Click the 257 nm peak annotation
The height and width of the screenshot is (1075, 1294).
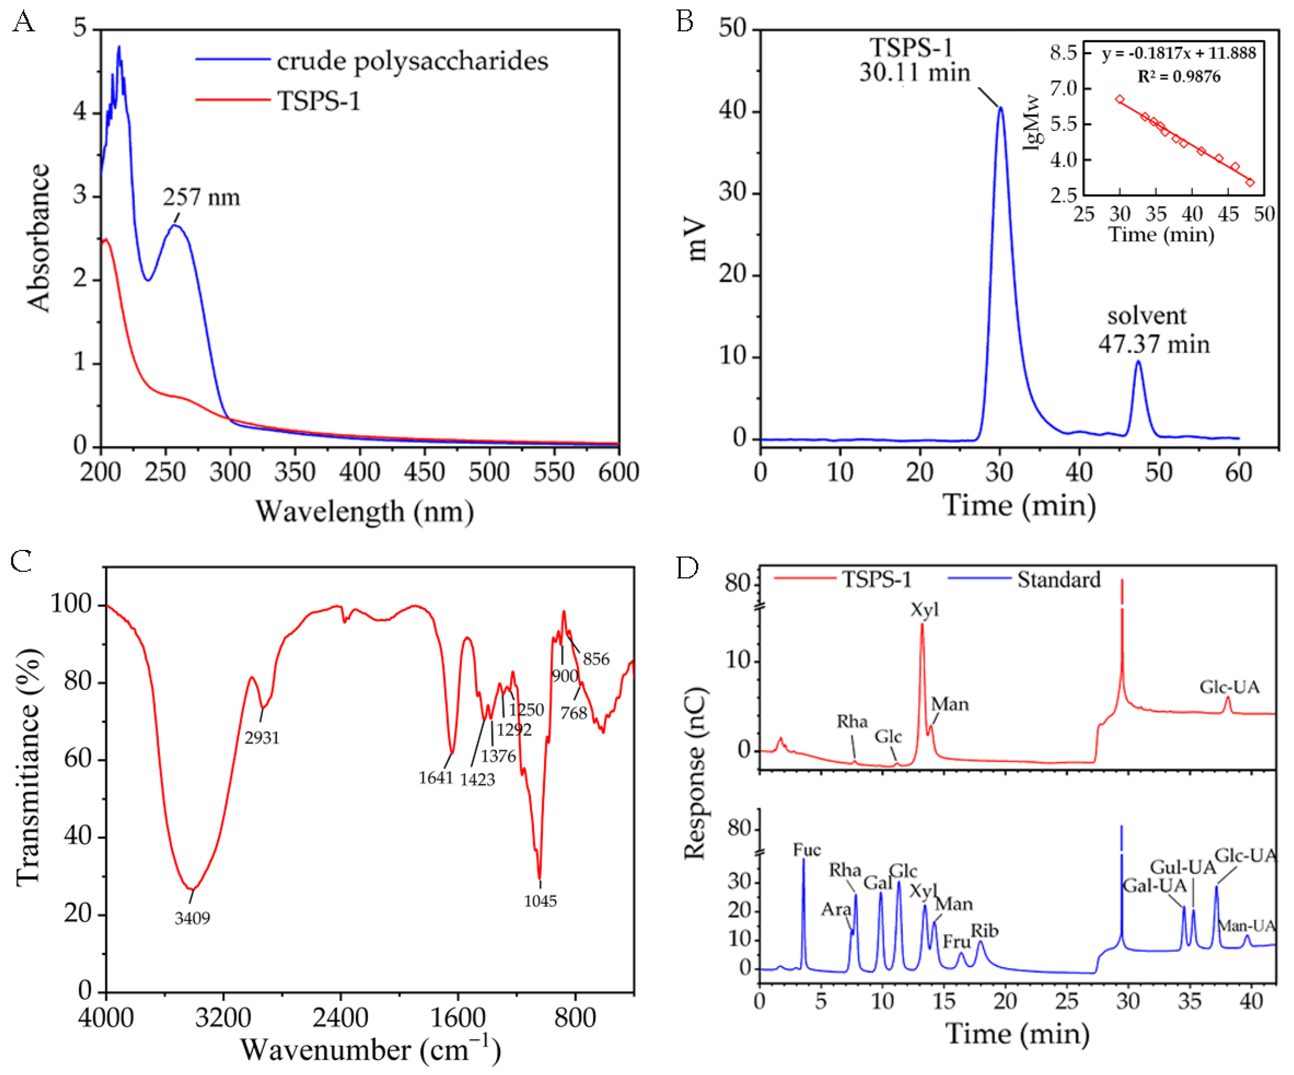[x=201, y=198]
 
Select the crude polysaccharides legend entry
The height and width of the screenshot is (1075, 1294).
[x=412, y=61]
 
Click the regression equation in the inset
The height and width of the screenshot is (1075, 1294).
[x=1178, y=53]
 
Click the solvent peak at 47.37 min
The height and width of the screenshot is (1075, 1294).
[x=1138, y=364]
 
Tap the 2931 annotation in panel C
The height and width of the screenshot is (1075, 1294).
[x=262, y=737]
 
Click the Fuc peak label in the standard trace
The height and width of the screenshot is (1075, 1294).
[x=807, y=850]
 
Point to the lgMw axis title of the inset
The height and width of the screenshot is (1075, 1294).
[x=1031, y=123]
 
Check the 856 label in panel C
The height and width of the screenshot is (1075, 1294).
[x=596, y=659]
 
